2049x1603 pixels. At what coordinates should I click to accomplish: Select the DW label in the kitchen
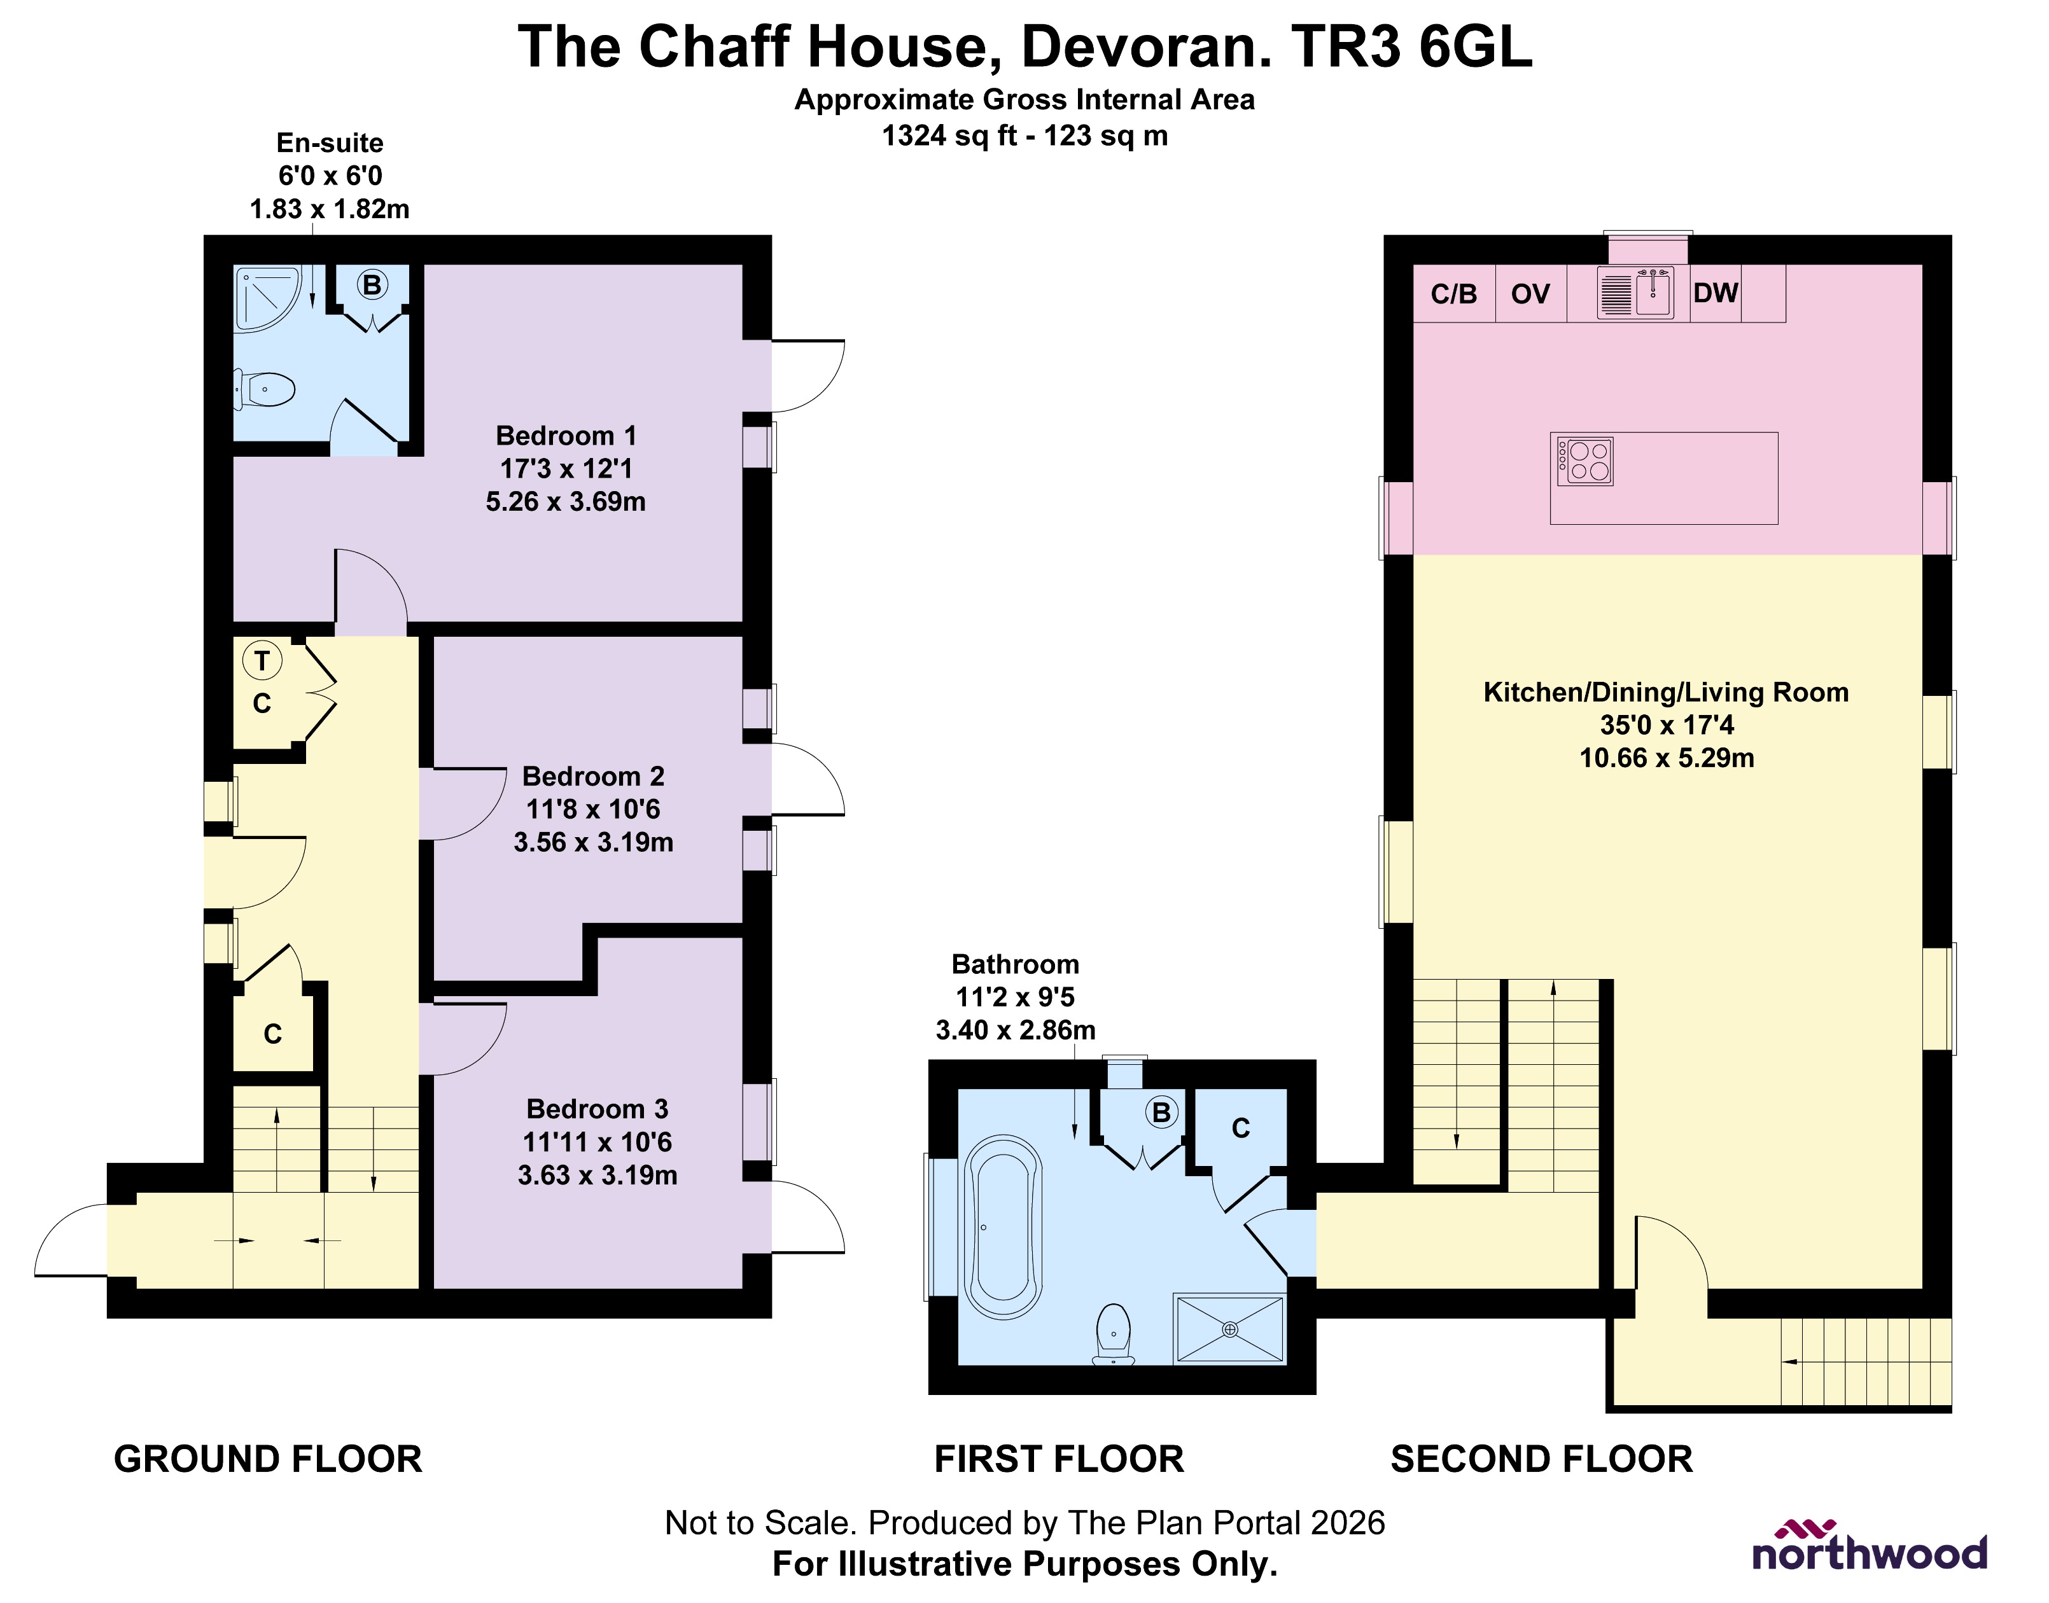pyautogui.click(x=1716, y=293)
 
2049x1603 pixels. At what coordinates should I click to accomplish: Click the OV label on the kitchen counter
pyautogui.click(x=1530, y=294)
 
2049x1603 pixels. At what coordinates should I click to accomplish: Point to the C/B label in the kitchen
pyautogui.click(x=1454, y=294)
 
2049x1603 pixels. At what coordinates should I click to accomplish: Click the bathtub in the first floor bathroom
pyautogui.click(x=1004, y=1226)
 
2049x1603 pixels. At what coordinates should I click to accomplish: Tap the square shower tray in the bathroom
pyautogui.click(x=1229, y=1329)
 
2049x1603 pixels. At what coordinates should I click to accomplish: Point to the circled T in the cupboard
pyautogui.click(x=262, y=661)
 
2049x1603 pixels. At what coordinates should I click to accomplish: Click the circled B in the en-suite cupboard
pyautogui.click(x=372, y=284)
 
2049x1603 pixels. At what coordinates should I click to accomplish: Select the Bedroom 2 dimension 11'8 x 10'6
pyautogui.click(x=592, y=809)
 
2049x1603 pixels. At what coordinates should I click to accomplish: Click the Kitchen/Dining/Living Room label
pyautogui.click(x=1665, y=693)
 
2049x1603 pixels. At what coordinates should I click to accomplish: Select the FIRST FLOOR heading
pyautogui.click(x=1059, y=1459)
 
